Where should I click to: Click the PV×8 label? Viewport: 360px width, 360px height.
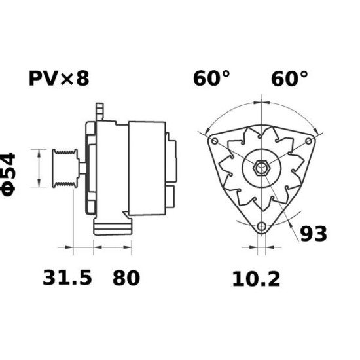(x=58, y=79)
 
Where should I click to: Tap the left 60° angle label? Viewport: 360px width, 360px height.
(x=211, y=79)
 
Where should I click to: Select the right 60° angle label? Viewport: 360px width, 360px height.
(x=289, y=79)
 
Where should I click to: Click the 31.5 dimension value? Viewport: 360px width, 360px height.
(x=67, y=278)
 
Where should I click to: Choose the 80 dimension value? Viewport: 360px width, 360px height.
(x=126, y=278)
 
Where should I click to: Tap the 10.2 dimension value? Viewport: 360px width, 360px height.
(x=256, y=279)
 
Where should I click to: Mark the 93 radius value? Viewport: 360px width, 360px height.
(x=314, y=233)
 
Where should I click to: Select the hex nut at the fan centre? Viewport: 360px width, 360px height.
(x=261, y=166)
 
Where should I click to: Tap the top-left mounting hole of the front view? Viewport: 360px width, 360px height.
(x=214, y=141)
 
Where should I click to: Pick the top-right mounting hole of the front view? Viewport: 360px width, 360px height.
(x=308, y=141)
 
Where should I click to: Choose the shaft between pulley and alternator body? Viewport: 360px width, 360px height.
(x=80, y=169)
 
